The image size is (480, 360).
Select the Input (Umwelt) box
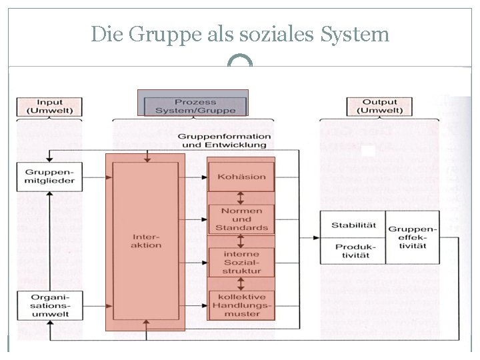tap(50, 107)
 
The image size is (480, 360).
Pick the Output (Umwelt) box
tap(379, 107)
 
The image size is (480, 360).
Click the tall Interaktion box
tap(146, 241)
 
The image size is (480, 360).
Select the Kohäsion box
tap(241, 177)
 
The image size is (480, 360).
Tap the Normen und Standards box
tap(241, 219)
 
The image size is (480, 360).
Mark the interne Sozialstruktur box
tap(241, 262)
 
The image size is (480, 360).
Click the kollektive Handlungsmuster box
tap(241, 305)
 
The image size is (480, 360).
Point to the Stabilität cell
tap(353, 225)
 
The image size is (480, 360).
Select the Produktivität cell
tap(353, 251)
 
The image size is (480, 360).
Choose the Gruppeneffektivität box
tap(412, 238)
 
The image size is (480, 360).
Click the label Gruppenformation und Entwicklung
tap(224, 140)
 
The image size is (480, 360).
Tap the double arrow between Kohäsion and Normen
tap(241, 198)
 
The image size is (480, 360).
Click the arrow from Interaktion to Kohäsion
tap(197, 177)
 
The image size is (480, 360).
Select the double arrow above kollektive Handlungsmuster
tap(241, 283)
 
